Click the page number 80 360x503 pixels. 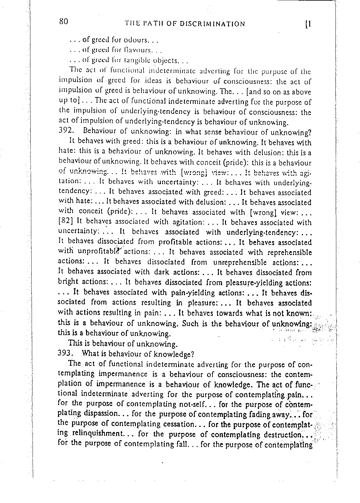point(63,22)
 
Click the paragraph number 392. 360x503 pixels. point(66,132)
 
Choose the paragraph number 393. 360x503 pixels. point(66,354)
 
